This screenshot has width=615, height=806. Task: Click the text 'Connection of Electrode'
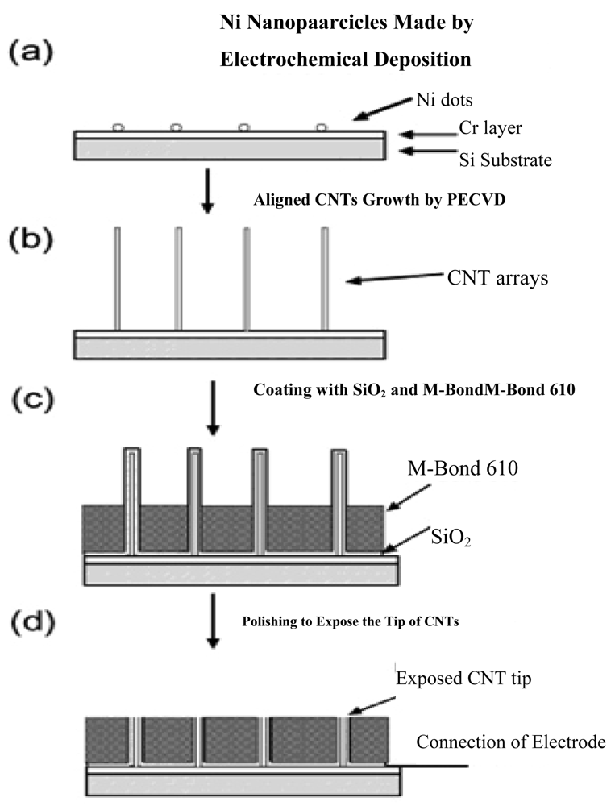coord(511,742)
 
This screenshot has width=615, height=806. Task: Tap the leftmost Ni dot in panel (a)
coord(118,127)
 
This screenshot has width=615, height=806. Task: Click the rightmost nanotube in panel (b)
coord(325,278)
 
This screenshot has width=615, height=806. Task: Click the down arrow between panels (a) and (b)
coord(207,190)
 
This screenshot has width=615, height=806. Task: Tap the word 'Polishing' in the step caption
coord(268,621)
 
